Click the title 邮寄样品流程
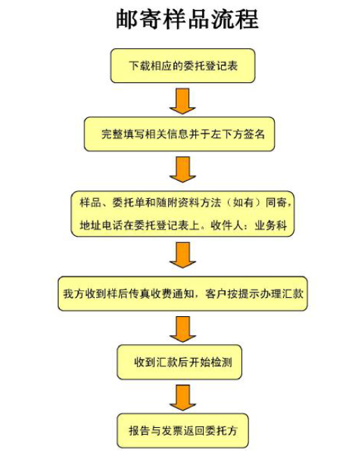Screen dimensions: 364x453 click(x=187, y=19)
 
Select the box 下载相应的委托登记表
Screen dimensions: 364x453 click(x=183, y=66)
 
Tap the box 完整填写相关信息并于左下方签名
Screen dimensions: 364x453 click(x=179, y=134)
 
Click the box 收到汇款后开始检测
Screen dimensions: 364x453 click(x=179, y=362)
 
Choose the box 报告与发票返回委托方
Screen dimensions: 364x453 click(x=183, y=431)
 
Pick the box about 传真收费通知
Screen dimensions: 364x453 click(x=183, y=294)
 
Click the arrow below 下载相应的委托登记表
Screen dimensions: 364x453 click(x=183, y=101)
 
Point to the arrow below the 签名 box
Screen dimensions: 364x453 click(x=183, y=170)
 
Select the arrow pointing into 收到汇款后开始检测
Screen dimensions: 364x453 click(x=183, y=329)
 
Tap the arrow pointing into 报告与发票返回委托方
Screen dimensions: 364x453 click(x=183, y=398)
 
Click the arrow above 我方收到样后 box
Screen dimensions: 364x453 click(x=183, y=255)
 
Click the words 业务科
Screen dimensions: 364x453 click(x=271, y=225)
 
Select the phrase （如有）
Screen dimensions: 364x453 click(x=243, y=202)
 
